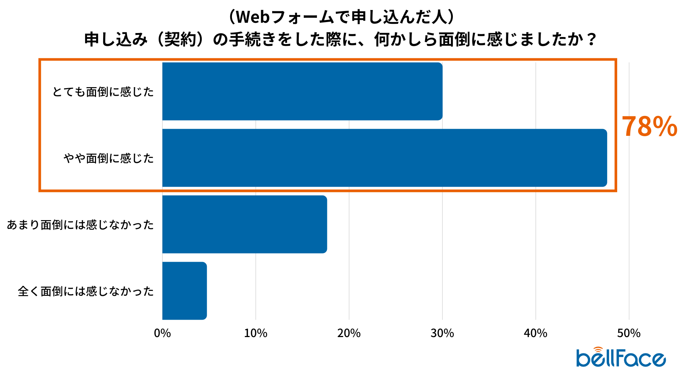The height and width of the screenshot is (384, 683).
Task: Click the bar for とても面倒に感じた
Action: pos(302,91)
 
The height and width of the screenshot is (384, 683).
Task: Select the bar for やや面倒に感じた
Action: pos(385,158)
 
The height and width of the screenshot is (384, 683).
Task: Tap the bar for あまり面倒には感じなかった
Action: pos(245,224)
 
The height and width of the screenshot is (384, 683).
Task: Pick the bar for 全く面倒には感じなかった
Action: pos(185,291)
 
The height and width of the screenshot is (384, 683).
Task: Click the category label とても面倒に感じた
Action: pos(103,92)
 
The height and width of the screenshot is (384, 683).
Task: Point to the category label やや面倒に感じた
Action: pos(109,158)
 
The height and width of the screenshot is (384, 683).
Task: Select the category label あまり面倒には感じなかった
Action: pos(80,225)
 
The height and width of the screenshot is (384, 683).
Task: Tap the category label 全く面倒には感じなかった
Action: pos(86,291)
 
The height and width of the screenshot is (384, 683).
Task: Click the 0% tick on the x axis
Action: pos(162,333)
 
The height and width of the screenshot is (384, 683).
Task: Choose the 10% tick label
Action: pos(255,333)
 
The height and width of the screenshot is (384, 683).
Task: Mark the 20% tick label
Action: pos(349,333)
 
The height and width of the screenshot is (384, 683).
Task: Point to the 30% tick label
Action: pos(442,333)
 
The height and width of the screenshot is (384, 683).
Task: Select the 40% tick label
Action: pos(535,333)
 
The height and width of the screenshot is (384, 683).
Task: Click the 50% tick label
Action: pos(629,333)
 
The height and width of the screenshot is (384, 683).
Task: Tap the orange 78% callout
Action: pos(649,127)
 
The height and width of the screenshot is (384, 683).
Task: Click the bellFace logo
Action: pos(621,358)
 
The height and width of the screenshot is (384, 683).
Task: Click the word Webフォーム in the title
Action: pos(285,17)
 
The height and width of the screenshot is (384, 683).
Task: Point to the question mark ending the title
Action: pos(592,39)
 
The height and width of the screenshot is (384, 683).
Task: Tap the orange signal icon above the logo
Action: pos(598,350)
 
